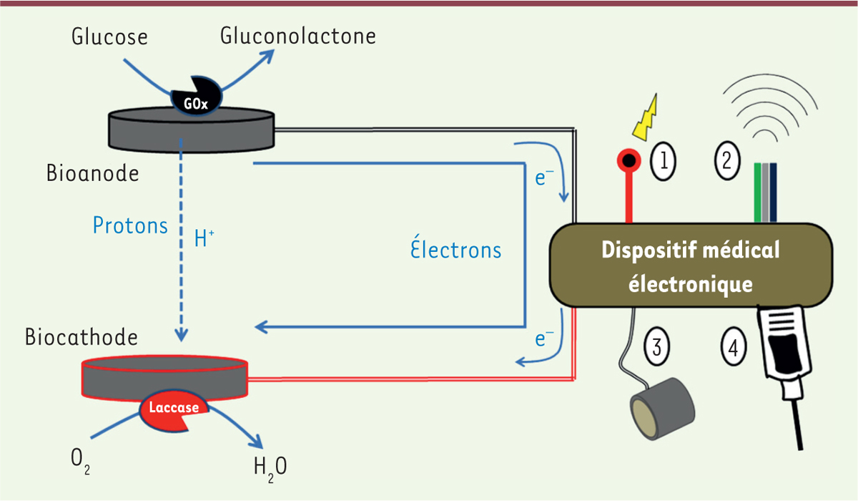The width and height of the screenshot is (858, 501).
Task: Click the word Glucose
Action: tap(109, 37)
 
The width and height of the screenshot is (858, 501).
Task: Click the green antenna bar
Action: tap(757, 193)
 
